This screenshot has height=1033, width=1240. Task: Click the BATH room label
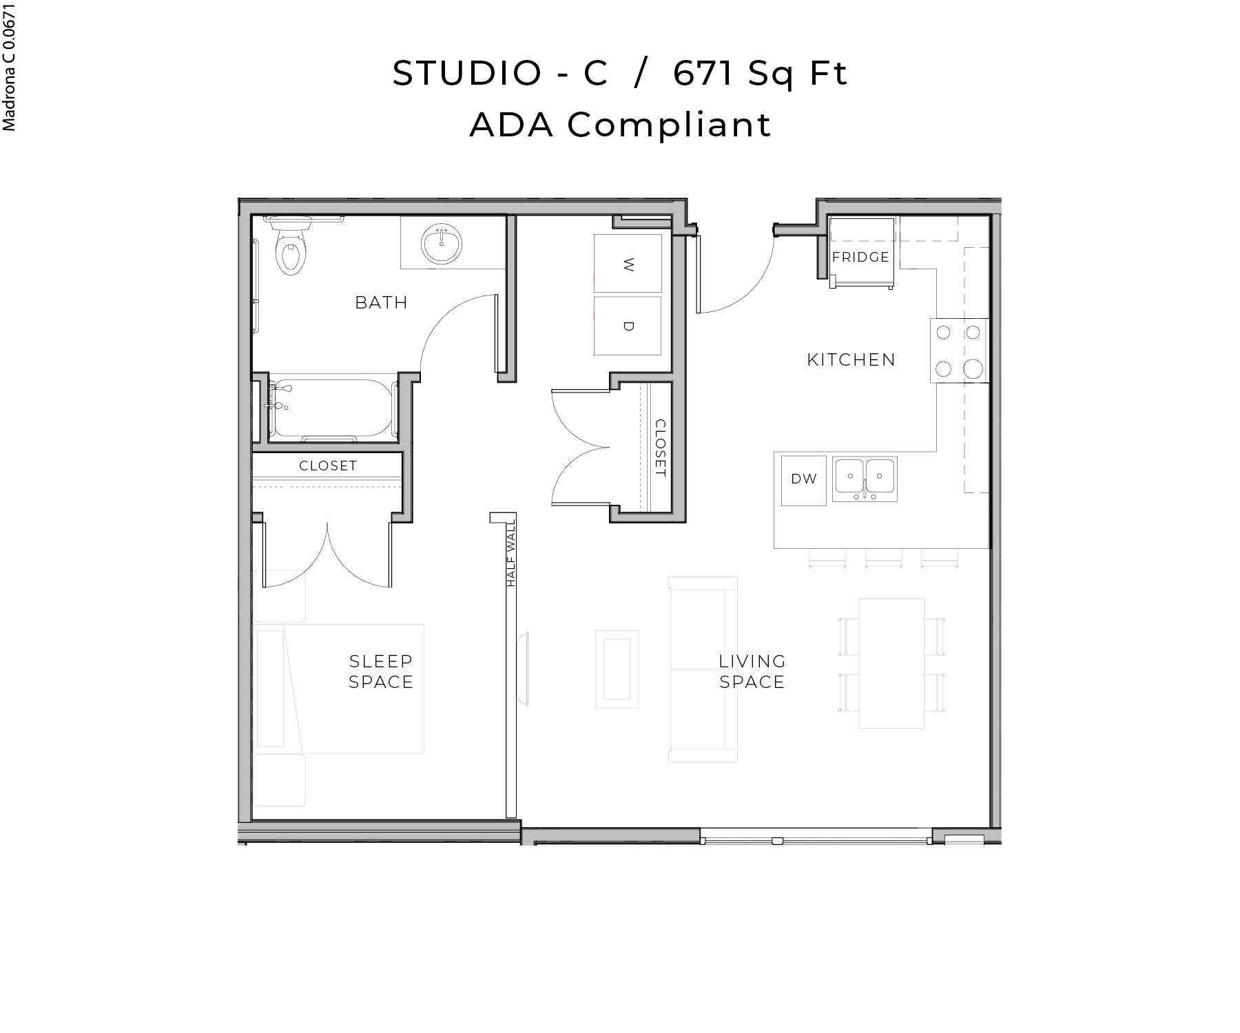(x=381, y=302)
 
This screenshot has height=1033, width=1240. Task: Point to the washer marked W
(x=628, y=264)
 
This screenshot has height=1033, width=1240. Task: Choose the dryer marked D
(x=628, y=326)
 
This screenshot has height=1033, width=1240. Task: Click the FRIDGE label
(x=860, y=257)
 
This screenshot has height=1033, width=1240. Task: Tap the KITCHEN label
(x=851, y=359)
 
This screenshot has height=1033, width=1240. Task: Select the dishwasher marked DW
(x=803, y=479)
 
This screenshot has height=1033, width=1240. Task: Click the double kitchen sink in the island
(x=865, y=478)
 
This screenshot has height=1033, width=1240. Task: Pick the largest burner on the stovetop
(x=973, y=369)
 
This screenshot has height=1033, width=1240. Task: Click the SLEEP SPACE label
(x=381, y=671)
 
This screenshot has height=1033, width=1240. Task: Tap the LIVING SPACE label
(x=752, y=671)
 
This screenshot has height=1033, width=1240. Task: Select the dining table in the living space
(x=891, y=662)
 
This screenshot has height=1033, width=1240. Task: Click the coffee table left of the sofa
(x=617, y=669)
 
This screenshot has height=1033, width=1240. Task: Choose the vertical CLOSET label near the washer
(x=660, y=448)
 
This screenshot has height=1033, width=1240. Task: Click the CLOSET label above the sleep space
(x=328, y=466)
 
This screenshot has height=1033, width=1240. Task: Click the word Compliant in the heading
(x=669, y=125)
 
